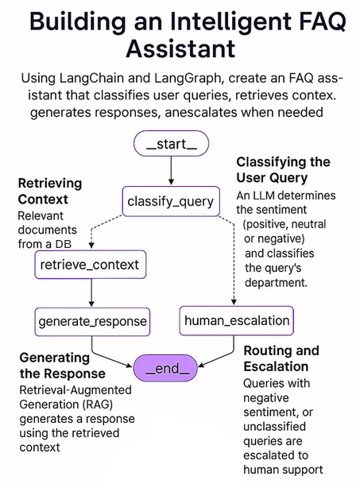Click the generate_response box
click(92, 321)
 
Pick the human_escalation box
click(236, 321)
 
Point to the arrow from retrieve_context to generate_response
click(92, 292)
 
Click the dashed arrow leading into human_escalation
click(232, 262)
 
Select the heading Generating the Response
click(61, 365)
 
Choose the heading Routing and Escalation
click(281, 358)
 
